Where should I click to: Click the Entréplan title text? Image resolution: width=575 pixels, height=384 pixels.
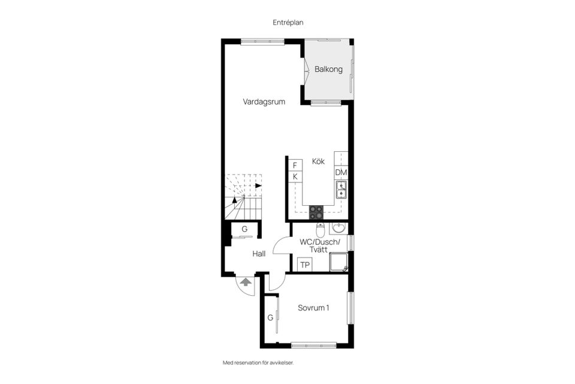click(287, 22)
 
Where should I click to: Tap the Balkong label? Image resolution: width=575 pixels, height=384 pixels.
click(328, 70)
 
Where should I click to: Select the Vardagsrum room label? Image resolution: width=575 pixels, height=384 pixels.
click(264, 102)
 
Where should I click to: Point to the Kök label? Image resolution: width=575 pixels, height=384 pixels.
click(318, 161)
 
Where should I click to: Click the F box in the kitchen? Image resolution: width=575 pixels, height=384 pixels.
click(295, 165)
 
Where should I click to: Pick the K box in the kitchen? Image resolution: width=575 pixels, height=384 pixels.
click(295, 176)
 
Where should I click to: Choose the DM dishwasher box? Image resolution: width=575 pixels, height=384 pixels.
click(341, 173)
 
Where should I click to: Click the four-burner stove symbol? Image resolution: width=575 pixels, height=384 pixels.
click(316, 211)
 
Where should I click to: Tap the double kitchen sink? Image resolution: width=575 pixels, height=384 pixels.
click(341, 190)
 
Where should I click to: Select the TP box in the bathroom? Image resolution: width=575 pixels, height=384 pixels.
click(304, 265)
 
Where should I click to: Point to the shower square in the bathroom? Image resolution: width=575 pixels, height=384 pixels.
click(339, 262)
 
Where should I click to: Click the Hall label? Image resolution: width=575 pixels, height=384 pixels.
click(259, 254)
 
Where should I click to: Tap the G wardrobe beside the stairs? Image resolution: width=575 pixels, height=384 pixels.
click(244, 230)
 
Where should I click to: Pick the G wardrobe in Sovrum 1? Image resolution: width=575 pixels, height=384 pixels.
click(271, 317)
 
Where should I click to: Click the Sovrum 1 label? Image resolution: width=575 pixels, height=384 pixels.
click(313, 308)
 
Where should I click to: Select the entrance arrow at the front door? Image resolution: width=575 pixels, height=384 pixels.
click(245, 281)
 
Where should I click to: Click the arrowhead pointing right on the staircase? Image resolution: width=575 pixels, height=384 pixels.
click(259, 185)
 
